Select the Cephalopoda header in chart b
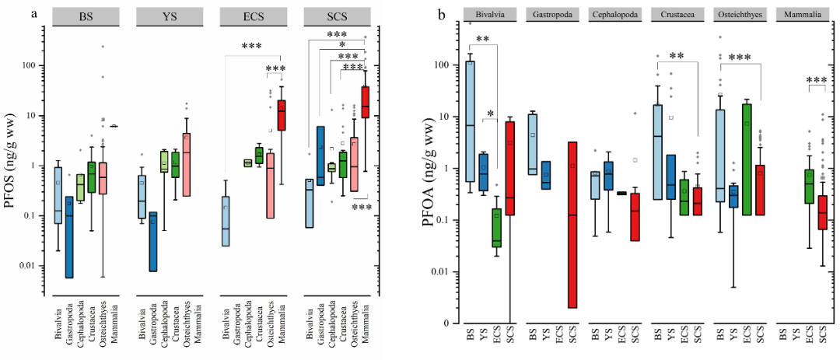614,15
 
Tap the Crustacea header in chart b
677,15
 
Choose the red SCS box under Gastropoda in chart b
572,225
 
